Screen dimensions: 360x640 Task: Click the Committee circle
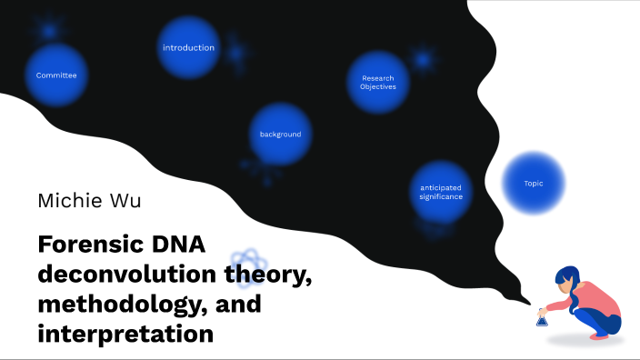[x=56, y=75]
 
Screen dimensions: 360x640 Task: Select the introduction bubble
[x=188, y=47]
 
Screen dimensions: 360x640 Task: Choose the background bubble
[x=280, y=135]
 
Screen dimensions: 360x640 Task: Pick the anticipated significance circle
[x=441, y=192]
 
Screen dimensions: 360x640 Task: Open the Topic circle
[x=534, y=184]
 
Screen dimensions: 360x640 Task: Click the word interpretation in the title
[x=125, y=334]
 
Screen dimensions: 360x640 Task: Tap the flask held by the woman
[x=542, y=318]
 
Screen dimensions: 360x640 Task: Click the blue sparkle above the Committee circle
[x=48, y=30]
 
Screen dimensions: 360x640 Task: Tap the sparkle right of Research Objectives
[x=423, y=59]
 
